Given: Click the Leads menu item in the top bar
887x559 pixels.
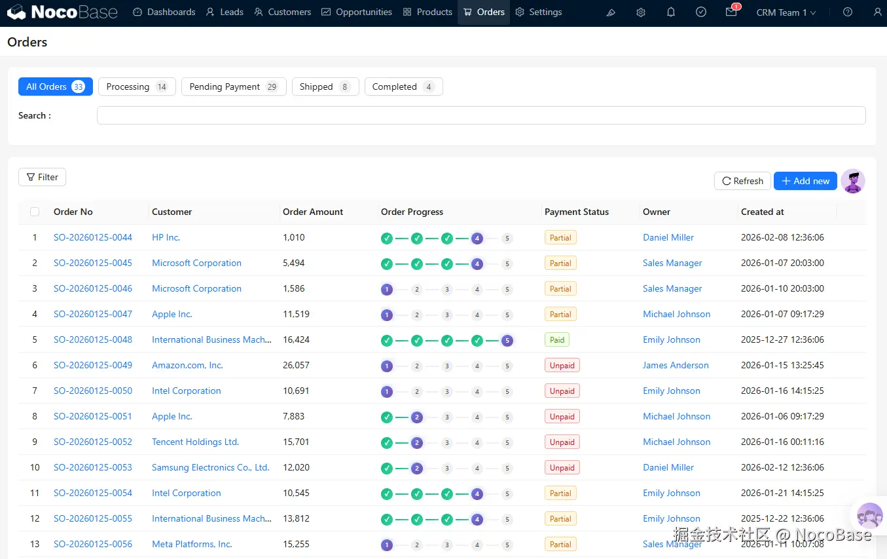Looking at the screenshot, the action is coord(225,12).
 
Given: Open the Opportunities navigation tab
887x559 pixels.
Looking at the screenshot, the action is coord(357,12).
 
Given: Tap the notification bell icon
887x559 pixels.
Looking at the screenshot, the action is coord(670,12).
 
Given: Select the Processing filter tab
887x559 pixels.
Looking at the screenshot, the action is coord(137,87).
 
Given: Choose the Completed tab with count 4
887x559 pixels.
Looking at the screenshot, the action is coord(403,87).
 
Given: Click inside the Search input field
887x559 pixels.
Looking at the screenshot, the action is coord(481,115).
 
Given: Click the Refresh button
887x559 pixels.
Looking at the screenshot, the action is coord(742,181).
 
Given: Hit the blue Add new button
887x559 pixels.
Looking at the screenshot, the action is coord(805,181).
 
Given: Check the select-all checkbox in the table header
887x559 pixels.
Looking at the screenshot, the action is coord(35,212).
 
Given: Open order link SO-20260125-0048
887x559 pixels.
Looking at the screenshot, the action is coord(93,339).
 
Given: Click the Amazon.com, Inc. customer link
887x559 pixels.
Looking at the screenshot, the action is coord(187,365).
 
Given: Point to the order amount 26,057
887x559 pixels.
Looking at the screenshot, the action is coord(296,365).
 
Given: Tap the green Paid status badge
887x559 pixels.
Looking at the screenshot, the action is coord(557,339).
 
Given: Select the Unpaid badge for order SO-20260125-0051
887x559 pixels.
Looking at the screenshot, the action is coord(562,416).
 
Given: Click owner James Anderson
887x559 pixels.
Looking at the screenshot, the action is coord(676,365).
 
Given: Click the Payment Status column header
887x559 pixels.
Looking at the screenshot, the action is coord(577,212).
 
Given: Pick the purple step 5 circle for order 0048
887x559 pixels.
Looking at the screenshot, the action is coord(507,341).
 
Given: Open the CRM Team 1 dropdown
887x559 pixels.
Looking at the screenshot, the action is coord(786,12).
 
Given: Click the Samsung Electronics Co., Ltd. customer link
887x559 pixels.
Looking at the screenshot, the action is coord(211,467).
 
